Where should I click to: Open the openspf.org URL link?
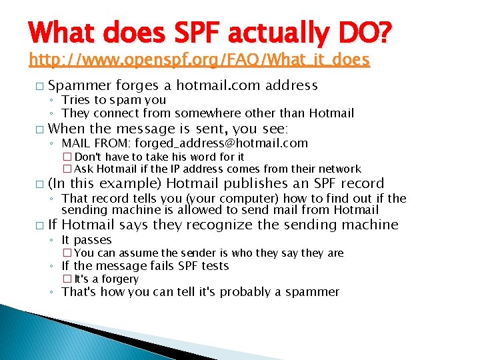pos(199,60)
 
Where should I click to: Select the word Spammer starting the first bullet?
pos(80,85)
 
